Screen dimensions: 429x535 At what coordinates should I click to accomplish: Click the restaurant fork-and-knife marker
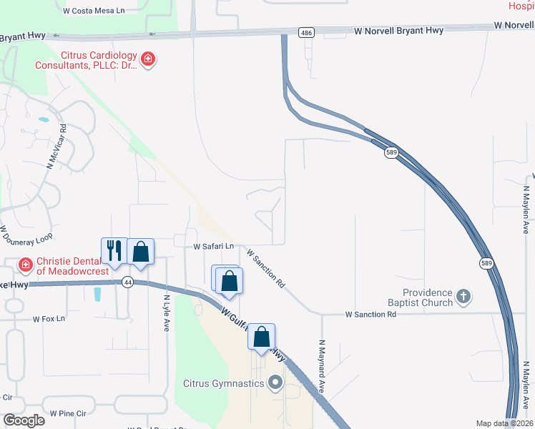(114, 250)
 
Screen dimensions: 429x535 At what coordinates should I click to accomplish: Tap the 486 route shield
(307, 33)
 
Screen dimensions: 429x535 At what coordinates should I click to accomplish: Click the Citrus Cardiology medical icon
(148, 59)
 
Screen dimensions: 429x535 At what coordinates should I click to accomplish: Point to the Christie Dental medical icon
(26, 265)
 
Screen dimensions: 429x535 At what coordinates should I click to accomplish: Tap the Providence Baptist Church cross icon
(463, 296)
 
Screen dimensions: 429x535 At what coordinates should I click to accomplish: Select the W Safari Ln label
(214, 247)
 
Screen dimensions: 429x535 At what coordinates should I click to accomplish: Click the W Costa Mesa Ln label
(94, 11)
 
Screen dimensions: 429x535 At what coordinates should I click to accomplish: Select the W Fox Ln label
(49, 318)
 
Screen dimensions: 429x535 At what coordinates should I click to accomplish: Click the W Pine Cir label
(68, 413)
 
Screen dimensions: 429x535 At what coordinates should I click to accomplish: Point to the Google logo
(24, 420)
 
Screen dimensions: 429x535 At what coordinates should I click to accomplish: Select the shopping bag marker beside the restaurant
(141, 252)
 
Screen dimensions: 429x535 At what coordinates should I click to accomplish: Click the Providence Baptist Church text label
(427, 297)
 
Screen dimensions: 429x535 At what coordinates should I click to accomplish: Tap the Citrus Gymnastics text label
(225, 384)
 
